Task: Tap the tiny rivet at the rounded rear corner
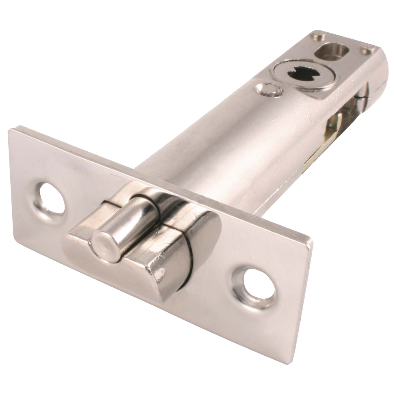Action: pyautogui.click(x=368, y=50)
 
